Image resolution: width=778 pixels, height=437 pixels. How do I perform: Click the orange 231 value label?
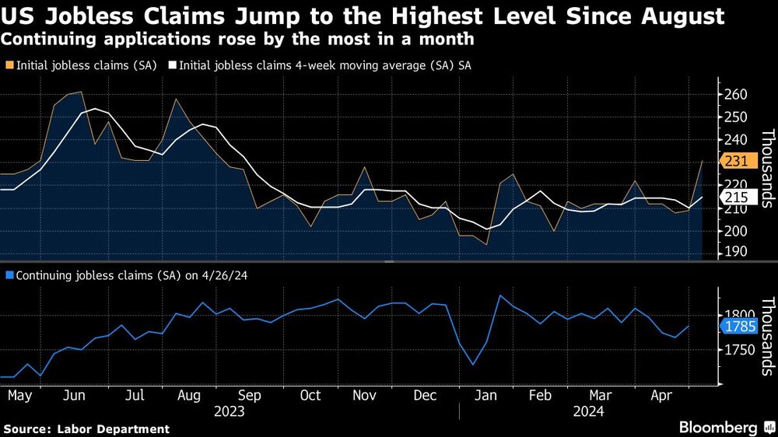(736, 161)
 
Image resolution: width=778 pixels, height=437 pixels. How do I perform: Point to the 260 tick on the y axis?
(736, 95)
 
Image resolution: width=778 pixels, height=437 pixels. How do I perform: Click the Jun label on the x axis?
(74, 396)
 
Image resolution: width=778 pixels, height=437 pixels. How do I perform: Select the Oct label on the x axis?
(310, 396)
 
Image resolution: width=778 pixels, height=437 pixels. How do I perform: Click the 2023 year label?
(230, 411)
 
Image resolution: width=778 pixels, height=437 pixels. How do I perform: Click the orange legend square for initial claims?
(9, 67)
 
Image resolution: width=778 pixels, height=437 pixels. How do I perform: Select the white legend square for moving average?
(173, 67)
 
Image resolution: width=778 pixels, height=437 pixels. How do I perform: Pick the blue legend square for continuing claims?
(9, 275)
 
